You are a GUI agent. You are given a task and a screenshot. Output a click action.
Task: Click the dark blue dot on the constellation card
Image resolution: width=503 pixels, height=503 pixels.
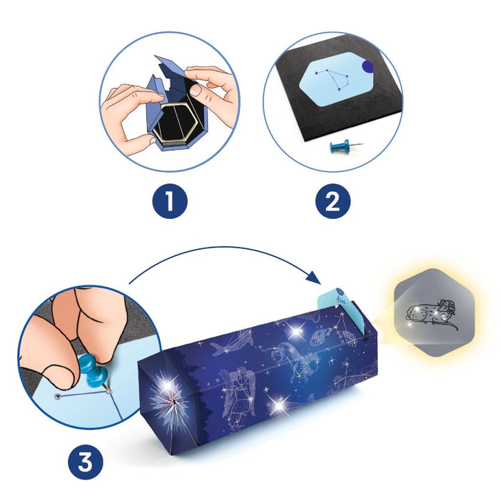tap(367, 66)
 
